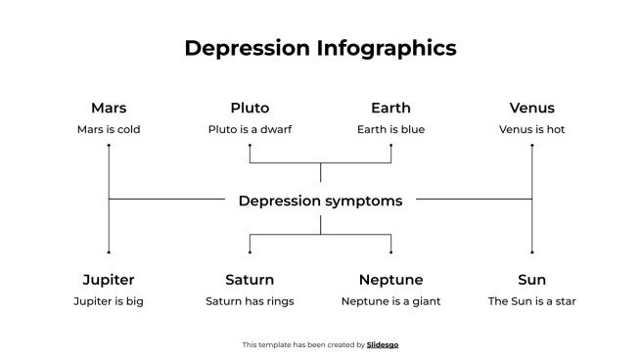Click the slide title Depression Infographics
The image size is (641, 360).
tap(320, 48)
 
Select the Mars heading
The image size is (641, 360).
tap(109, 108)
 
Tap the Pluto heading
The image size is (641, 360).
tap(250, 108)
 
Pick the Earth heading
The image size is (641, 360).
tap(390, 108)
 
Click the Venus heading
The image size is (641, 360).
tap(531, 108)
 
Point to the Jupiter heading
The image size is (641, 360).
tap(109, 280)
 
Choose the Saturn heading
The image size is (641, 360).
tap(250, 280)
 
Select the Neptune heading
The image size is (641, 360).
tap(390, 280)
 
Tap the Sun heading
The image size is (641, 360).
tap(531, 280)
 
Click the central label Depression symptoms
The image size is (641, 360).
tap(320, 201)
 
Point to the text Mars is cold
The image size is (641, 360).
tap(109, 129)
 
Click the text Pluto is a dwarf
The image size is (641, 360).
tap(250, 129)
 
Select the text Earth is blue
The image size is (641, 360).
tap(390, 129)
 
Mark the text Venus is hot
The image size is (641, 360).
tap(531, 129)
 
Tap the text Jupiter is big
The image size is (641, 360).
tap(109, 301)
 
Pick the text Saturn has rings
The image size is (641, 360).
tap(250, 301)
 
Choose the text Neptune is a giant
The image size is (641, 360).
tap(390, 301)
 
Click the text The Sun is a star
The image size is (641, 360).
tap(531, 301)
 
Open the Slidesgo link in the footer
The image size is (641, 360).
tap(383, 344)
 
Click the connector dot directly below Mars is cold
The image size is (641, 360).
tap(109, 146)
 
